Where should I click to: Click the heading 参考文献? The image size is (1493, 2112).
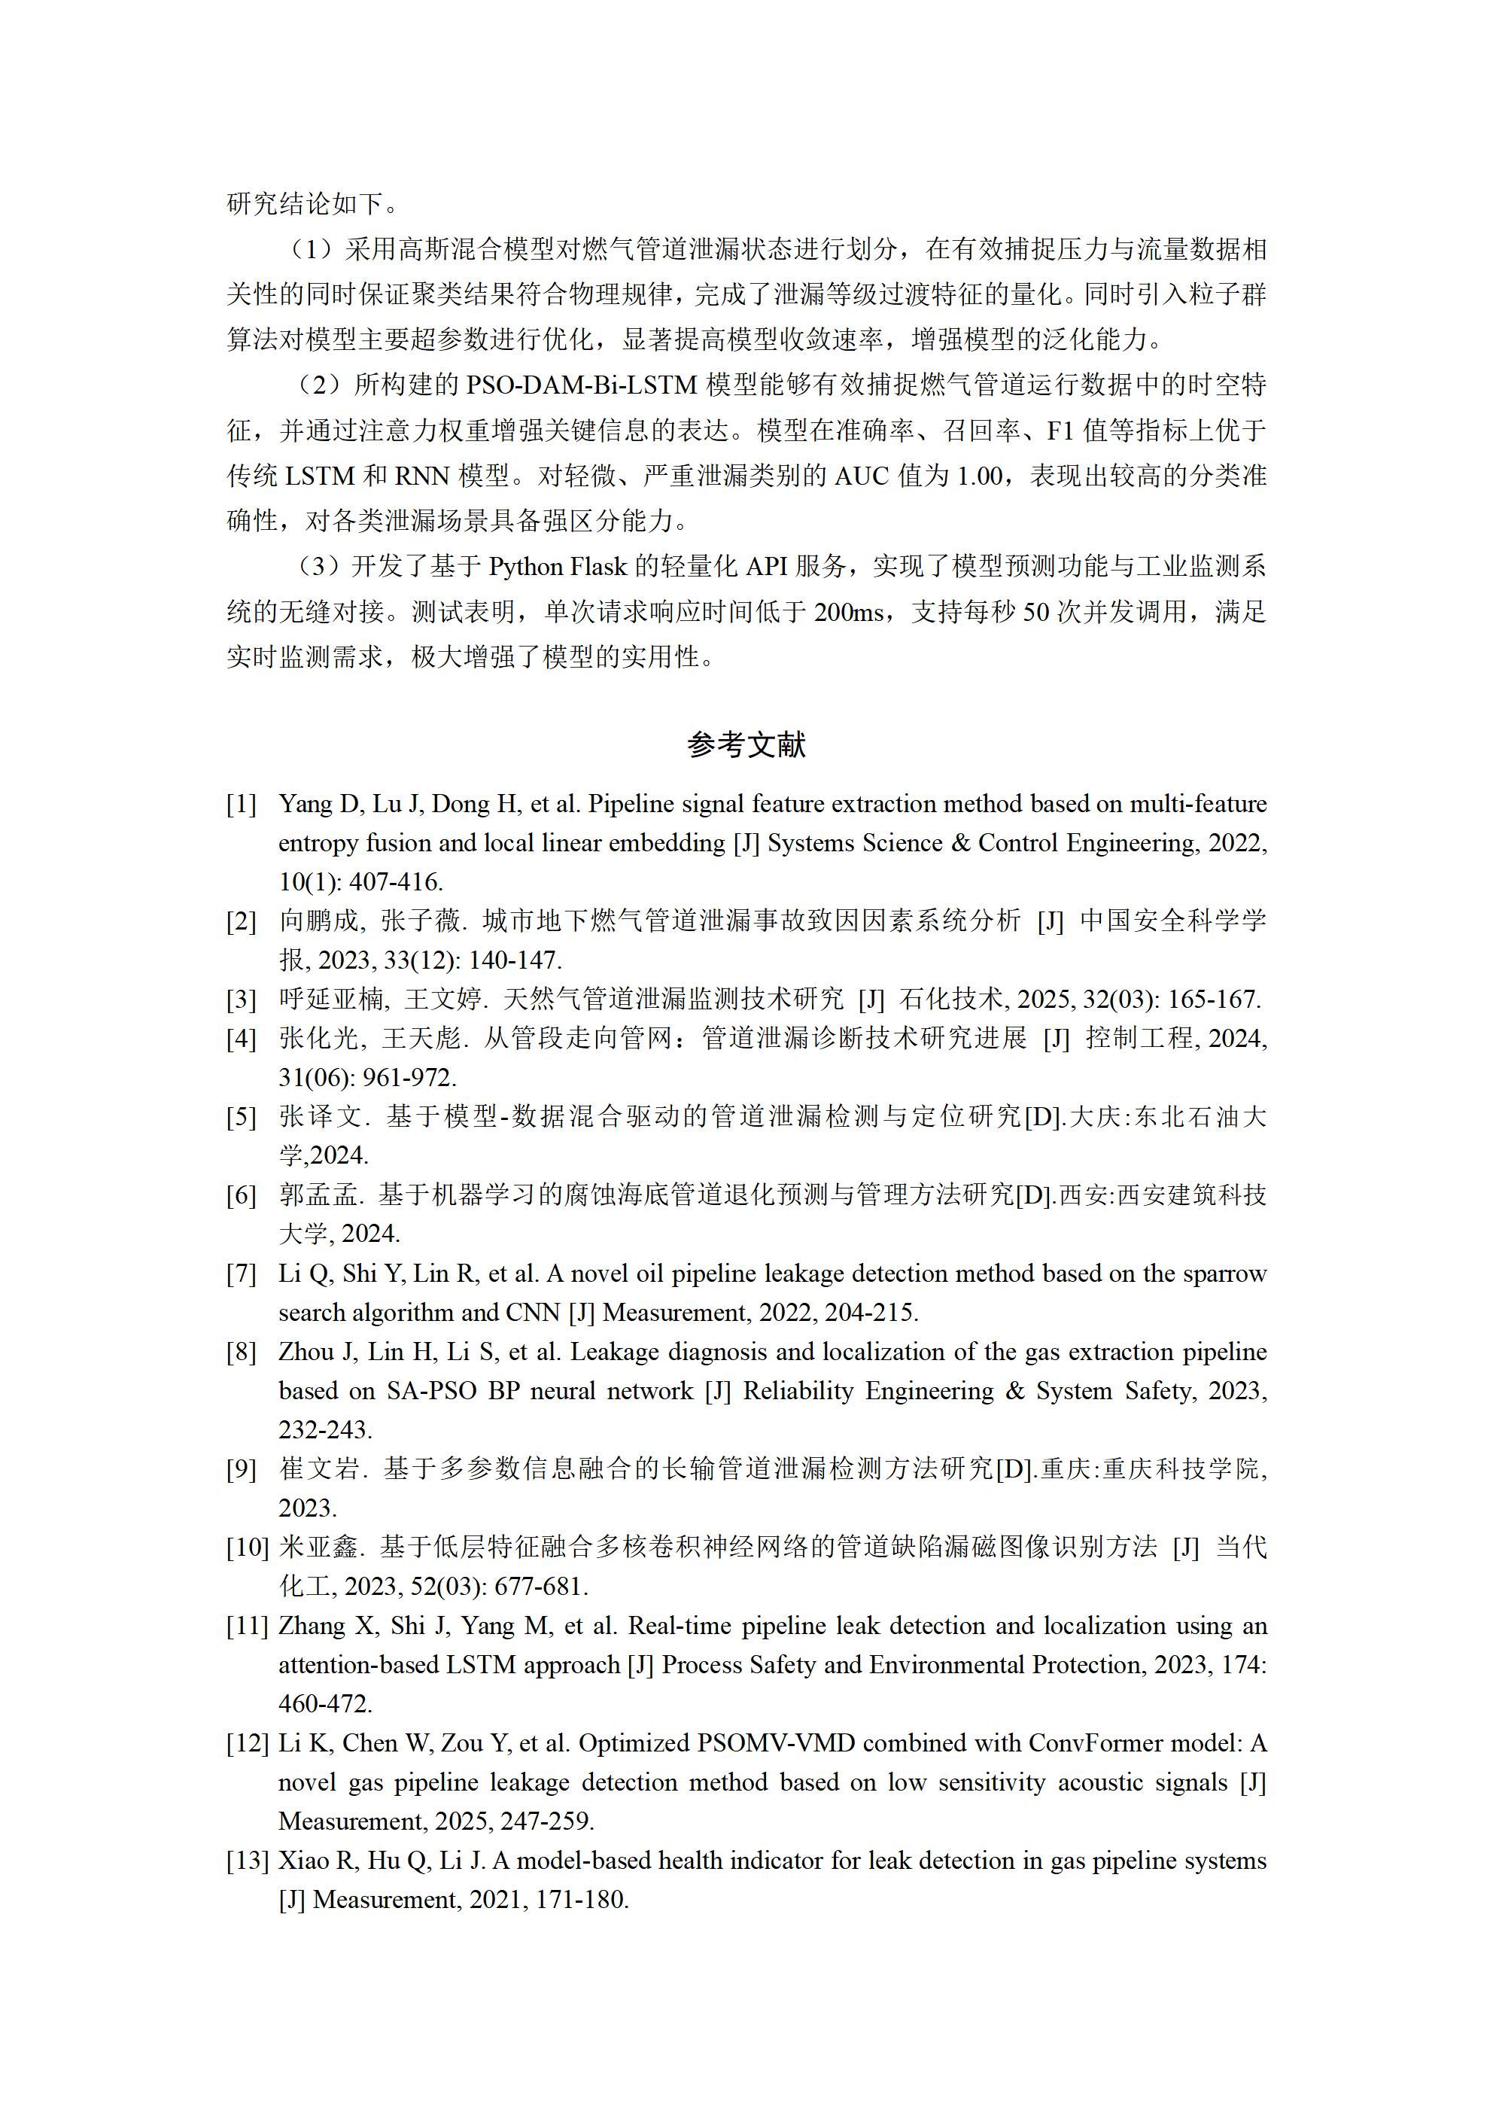pyautogui.click(x=746, y=744)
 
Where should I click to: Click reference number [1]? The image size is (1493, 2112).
pyautogui.click(x=241, y=805)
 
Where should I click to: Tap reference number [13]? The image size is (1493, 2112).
pyautogui.click(x=248, y=1861)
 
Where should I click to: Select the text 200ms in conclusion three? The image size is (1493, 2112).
pyautogui.click(x=849, y=613)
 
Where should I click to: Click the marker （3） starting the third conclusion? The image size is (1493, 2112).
pyautogui.click(x=318, y=568)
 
